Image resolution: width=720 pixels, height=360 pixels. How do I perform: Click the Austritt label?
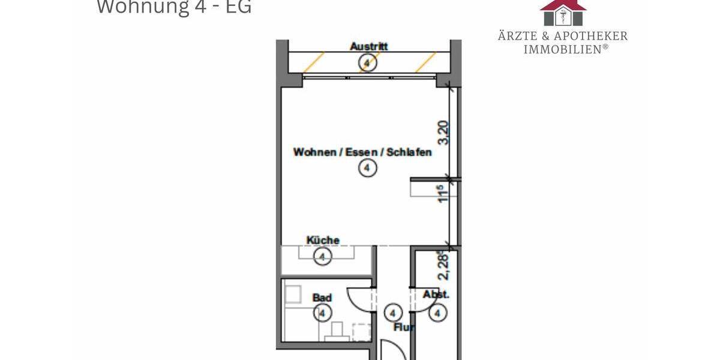pos(368,46)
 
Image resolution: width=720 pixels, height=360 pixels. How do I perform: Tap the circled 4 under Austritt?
pos(368,62)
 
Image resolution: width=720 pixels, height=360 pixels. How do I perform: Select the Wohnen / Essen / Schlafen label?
pos(362,152)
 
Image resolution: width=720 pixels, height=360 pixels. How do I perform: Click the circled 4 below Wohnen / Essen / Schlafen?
pos(367,169)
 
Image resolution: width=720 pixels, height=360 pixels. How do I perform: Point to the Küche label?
pos(323,241)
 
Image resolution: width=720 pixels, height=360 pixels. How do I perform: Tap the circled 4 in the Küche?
pos(323,257)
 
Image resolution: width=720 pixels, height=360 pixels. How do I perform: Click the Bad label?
pos(322,298)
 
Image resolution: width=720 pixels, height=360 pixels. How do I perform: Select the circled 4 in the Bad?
pos(322,313)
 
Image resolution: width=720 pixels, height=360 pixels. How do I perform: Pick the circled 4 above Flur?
pos(392,313)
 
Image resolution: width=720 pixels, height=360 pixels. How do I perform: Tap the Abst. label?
pos(436,295)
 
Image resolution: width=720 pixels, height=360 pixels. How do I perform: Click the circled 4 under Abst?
pos(439,313)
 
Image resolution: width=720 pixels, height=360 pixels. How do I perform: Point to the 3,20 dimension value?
pos(443,133)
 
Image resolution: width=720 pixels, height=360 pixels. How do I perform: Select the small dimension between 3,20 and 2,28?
pos(443,194)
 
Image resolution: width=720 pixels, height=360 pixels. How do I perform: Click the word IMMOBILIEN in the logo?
pos(563,49)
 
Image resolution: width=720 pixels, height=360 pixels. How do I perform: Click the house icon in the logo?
pos(563,12)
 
